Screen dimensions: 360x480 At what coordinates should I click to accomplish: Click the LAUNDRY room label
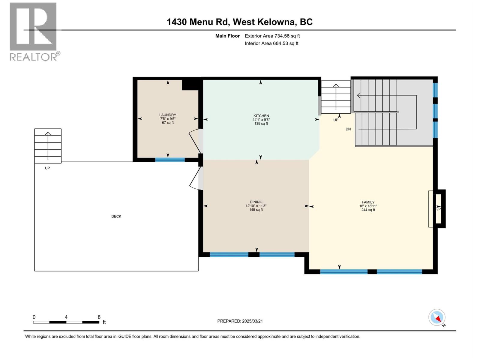pos(167,115)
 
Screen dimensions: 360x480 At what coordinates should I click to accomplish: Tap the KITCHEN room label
pos(261,116)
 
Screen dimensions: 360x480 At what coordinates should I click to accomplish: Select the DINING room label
pos(256,202)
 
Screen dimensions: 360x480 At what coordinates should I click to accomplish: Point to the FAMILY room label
pos(368,202)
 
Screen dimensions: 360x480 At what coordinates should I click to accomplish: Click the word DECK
pos(116,216)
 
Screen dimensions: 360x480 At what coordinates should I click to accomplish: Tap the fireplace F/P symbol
pos(438,209)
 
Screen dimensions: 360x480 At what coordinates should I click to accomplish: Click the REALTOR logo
pos(34,31)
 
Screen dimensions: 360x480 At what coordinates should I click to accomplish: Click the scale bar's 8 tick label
pos(99,317)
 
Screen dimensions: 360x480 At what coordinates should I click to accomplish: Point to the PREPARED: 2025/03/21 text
pos(240,321)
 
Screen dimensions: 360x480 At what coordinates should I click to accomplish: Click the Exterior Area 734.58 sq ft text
pos(272,36)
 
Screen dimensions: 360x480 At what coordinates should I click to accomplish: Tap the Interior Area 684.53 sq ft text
pos(271,43)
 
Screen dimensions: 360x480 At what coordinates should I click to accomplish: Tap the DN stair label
pos(348,129)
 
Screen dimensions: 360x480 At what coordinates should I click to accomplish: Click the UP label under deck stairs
pos(47,168)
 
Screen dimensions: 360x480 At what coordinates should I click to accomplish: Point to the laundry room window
pos(170,160)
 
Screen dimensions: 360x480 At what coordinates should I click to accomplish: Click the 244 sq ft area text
pos(368,210)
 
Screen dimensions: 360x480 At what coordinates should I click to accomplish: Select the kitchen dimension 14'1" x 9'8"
pos(261,120)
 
